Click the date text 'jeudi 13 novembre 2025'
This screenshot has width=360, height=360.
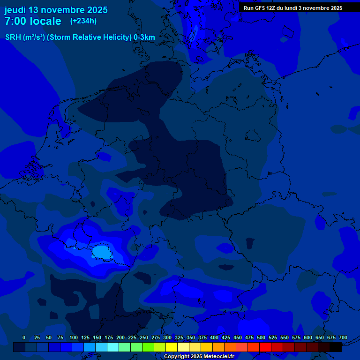(x=56, y=10)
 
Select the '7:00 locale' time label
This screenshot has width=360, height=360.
(x=33, y=21)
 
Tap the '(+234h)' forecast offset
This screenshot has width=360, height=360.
(x=83, y=21)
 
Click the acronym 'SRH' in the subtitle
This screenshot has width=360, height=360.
(x=13, y=37)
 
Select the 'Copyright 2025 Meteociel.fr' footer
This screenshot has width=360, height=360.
(x=199, y=356)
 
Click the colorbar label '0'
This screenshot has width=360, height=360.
(x=24, y=337)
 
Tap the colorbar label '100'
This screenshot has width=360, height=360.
(x=74, y=337)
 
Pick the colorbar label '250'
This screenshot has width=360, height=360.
(x=144, y=337)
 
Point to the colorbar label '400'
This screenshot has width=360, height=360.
(x=214, y=337)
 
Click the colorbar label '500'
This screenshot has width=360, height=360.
(x=261, y=337)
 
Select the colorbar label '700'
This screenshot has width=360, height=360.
(x=343, y=337)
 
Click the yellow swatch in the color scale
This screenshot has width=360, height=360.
(x=172, y=347)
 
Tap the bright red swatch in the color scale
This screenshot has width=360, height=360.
(x=265, y=347)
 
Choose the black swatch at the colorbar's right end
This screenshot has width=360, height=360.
(x=336, y=347)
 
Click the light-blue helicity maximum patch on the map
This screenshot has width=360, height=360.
(x=101, y=252)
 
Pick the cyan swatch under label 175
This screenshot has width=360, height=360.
(x=113, y=347)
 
